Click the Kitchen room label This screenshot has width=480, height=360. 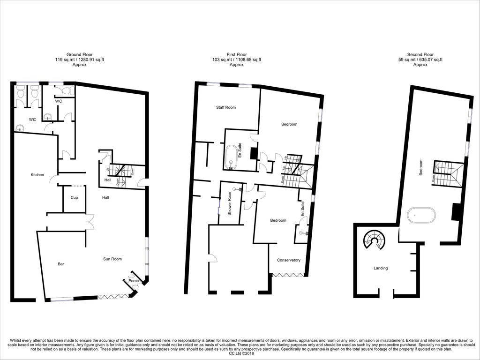37,175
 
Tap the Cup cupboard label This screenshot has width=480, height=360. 75,198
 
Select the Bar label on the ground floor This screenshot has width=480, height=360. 61,264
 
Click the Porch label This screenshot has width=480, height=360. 134,281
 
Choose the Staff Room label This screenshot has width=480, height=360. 225,108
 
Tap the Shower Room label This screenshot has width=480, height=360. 230,202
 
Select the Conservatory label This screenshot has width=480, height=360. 289,260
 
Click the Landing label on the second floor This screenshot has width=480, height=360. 381,268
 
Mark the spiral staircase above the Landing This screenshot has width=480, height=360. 375,240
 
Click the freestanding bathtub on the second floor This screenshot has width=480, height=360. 421,215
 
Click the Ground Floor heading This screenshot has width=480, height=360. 79,54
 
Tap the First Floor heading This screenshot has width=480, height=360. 236,54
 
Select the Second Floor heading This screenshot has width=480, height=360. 420,54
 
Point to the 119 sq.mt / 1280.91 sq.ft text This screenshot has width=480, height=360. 79,60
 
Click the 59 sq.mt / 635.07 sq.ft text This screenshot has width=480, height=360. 420,60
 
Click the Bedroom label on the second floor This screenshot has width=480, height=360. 420,167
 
